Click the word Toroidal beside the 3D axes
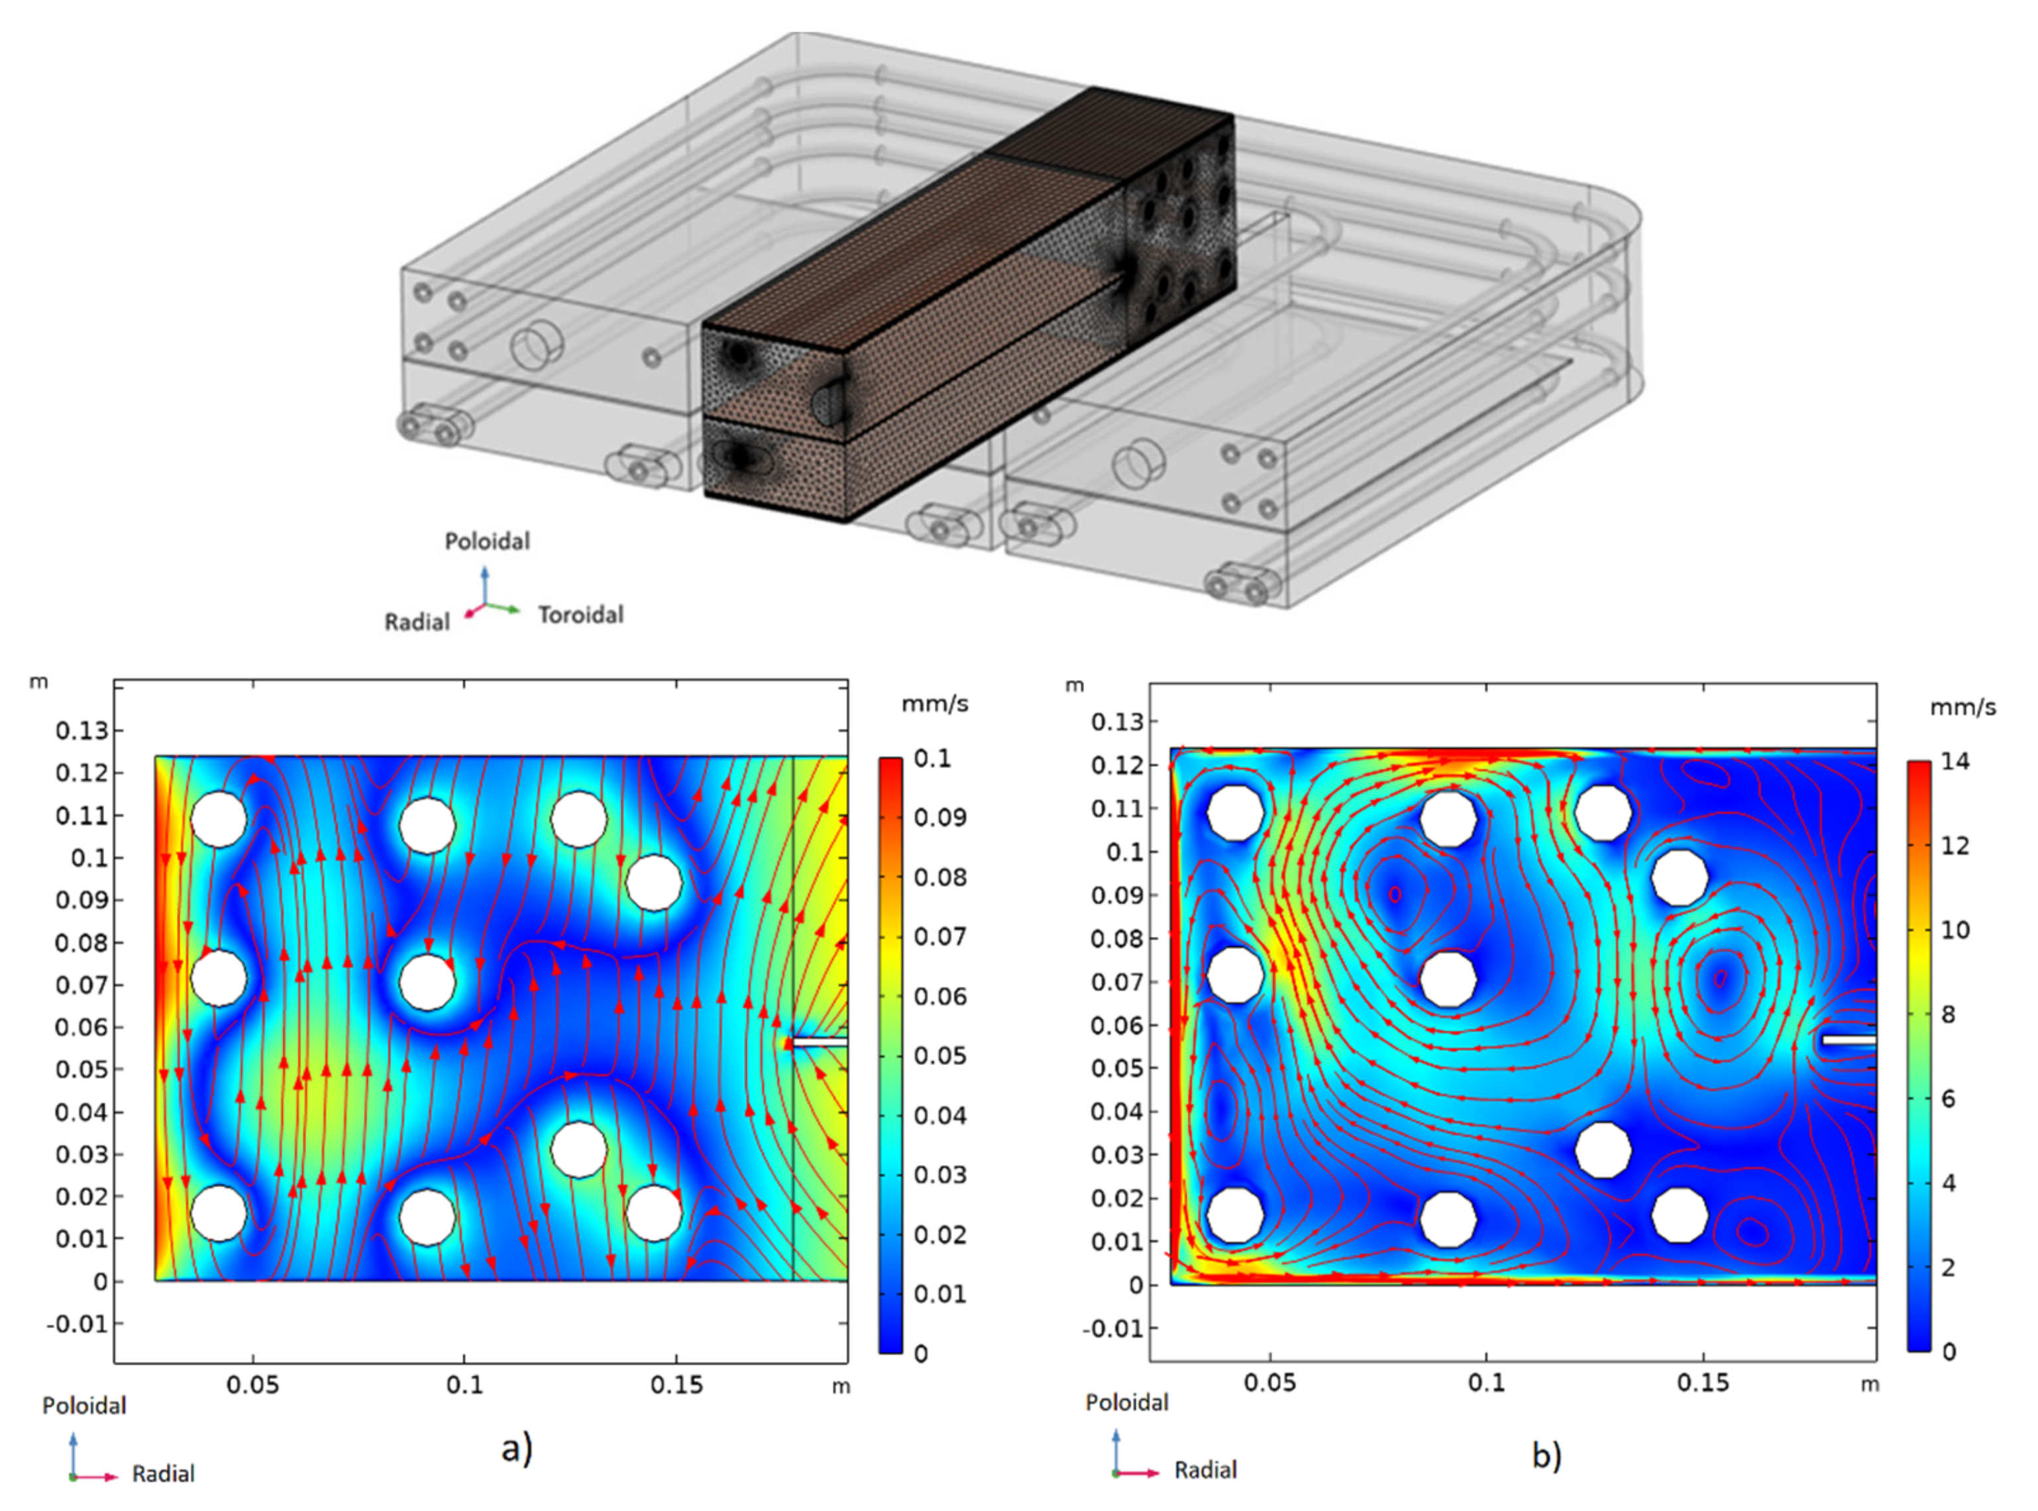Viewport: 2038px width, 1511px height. click(x=580, y=614)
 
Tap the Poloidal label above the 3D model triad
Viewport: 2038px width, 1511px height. click(x=488, y=541)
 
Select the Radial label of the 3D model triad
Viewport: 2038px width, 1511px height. click(x=417, y=622)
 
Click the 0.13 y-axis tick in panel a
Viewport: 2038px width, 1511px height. click(x=81, y=731)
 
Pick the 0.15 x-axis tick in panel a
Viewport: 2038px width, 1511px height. click(x=676, y=1386)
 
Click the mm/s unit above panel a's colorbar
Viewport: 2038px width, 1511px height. click(x=934, y=704)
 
